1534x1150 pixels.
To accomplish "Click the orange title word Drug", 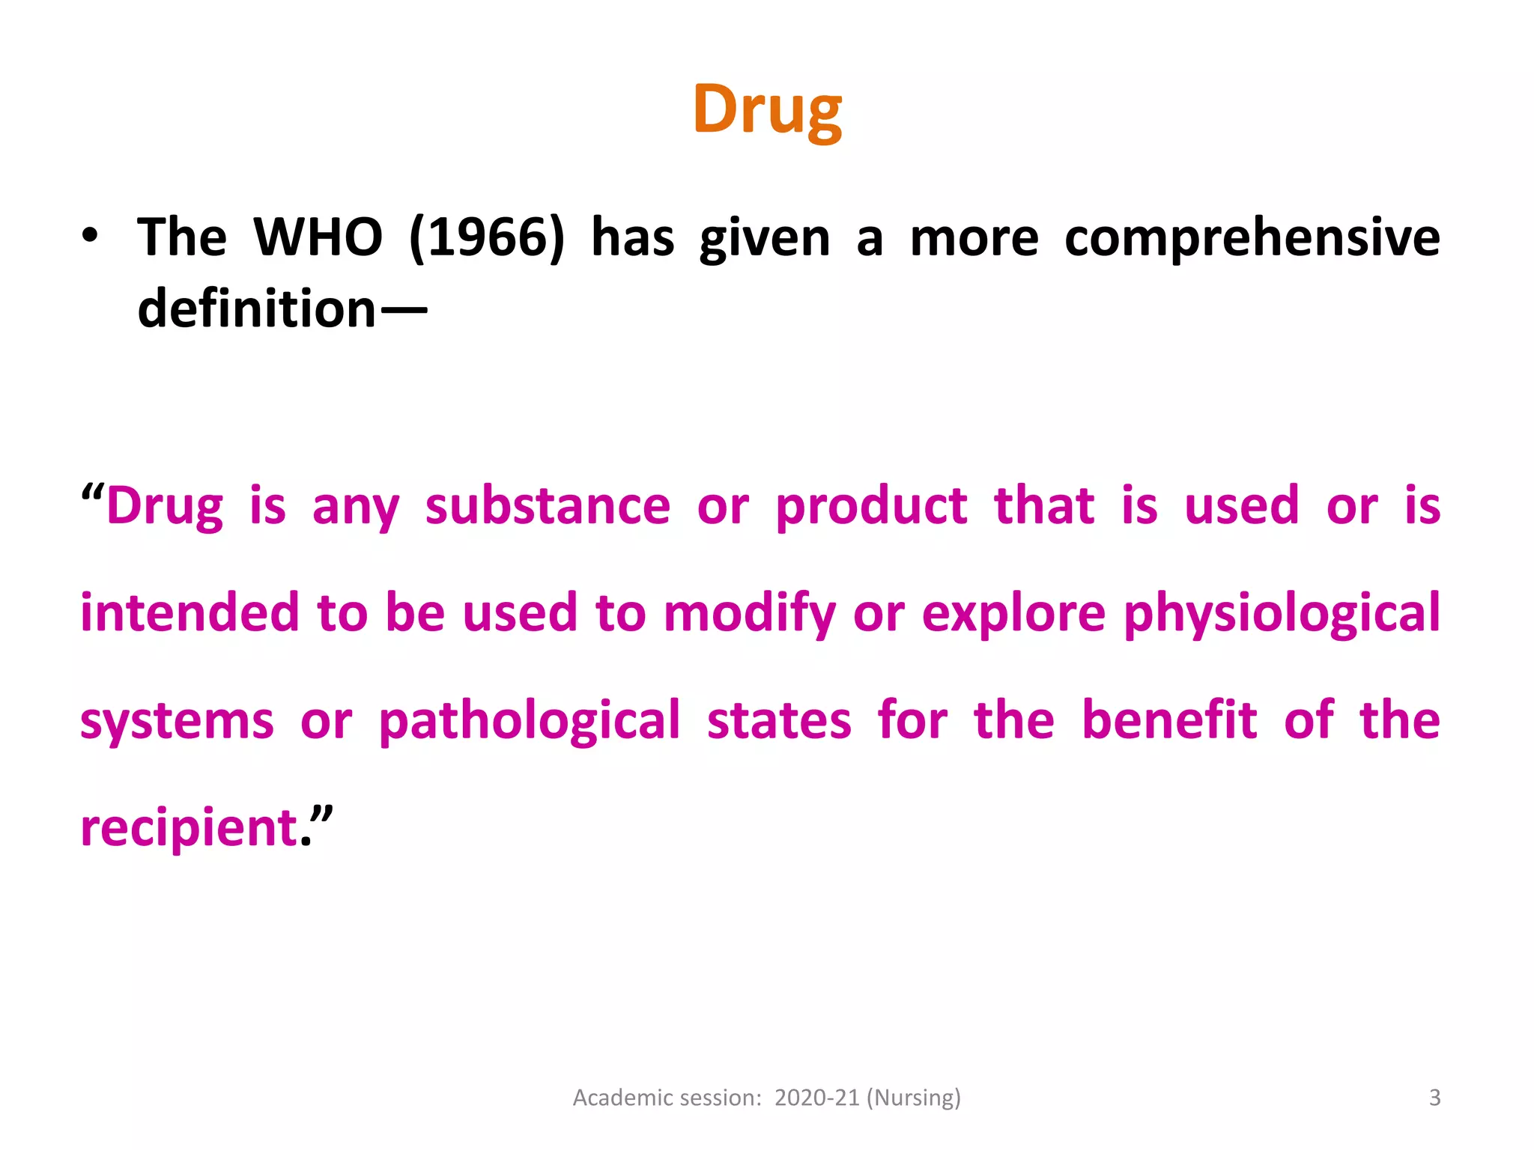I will pos(767,111).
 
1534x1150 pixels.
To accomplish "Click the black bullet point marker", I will pos(90,235).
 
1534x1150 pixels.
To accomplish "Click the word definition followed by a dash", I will pos(257,310).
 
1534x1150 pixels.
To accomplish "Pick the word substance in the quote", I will pos(548,507).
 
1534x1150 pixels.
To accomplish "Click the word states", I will pos(779,721).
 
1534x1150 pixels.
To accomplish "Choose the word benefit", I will pos(1169,720).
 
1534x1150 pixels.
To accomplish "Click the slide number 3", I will pos(1434,1098).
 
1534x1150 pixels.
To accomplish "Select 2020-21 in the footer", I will pos(816,1098).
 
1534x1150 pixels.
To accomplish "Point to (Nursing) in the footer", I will pos(913,1098).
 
